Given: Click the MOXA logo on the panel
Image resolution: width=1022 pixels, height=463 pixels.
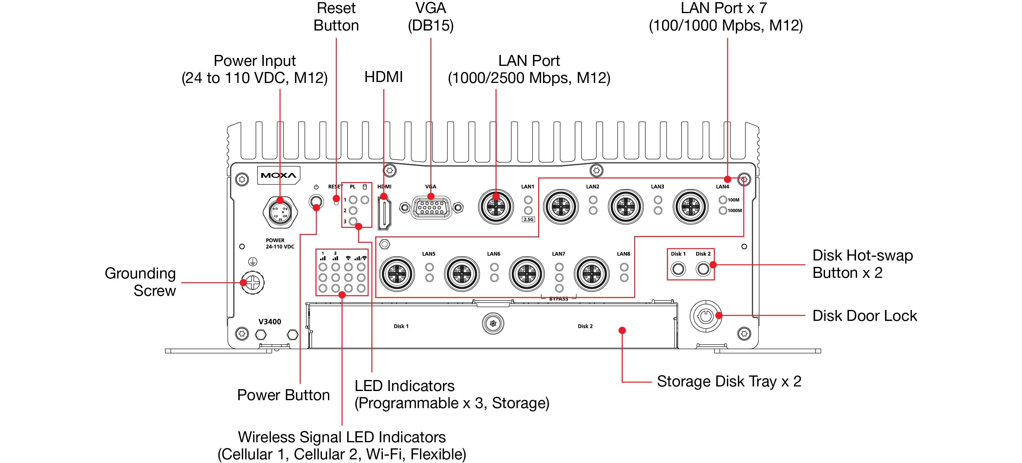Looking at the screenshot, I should click(279, 175).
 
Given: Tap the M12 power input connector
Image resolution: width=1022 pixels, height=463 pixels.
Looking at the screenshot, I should click(280, 212).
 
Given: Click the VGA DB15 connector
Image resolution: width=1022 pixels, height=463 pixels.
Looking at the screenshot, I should click(431, 207).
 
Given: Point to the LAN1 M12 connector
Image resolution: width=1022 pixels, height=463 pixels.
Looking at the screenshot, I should click(496, 207).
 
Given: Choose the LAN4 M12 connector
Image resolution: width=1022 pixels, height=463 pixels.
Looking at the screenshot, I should click(691, 207).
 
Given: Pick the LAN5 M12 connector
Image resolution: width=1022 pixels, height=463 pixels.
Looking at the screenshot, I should click(397, 274).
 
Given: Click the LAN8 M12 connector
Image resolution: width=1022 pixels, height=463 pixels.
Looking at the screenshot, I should click(592, 274).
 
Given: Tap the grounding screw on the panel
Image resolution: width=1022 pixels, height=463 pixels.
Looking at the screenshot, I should click(253, 283).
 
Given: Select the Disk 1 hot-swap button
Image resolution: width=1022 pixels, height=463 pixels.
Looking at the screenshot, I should click(678, 269).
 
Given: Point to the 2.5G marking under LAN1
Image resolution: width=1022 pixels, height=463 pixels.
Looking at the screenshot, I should click(528, 219).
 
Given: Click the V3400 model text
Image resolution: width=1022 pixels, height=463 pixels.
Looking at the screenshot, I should click(270, 322).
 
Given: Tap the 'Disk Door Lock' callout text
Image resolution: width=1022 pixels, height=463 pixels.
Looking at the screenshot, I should click(865, 316).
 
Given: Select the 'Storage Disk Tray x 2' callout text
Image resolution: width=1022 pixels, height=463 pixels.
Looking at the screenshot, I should click(729, 381).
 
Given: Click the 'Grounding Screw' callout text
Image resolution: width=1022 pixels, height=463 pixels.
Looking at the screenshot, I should click(140, 282).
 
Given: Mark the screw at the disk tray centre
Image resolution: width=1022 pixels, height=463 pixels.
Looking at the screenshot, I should click(493, 323).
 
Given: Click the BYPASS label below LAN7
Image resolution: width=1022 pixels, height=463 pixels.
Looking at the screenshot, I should click(559, 299).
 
